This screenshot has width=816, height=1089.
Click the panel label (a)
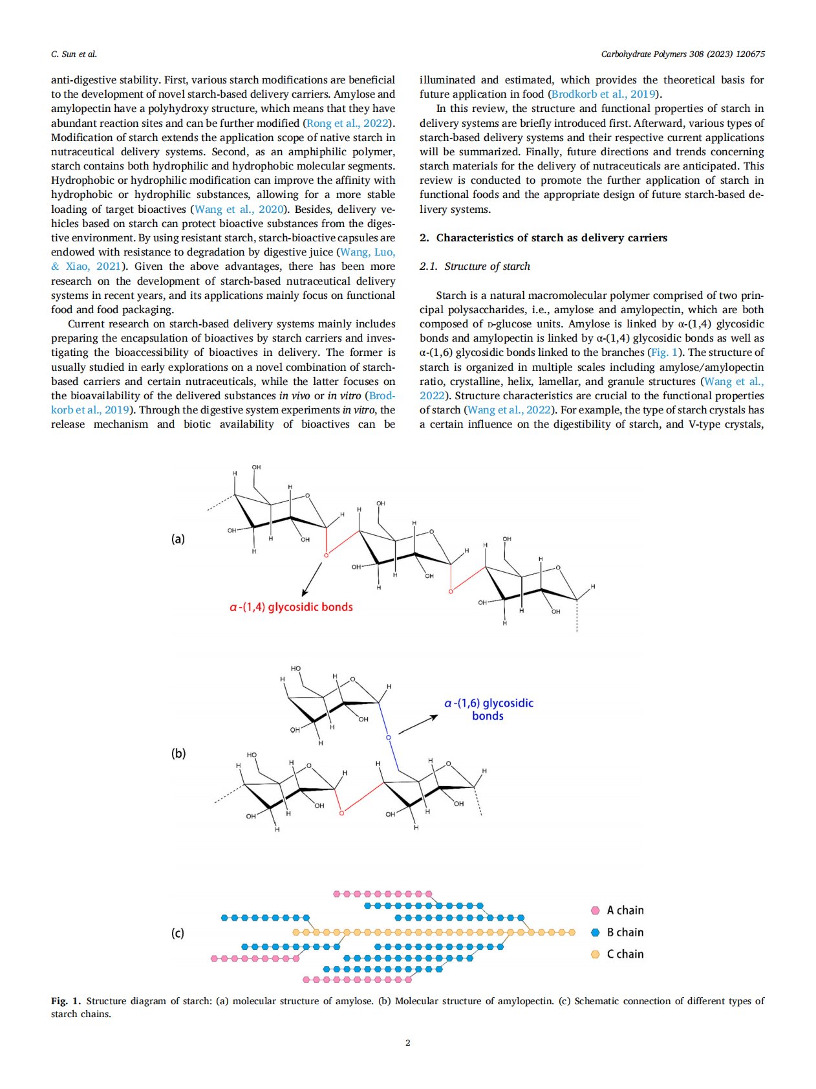coord(178,539)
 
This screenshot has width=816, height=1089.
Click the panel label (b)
coord(178,753)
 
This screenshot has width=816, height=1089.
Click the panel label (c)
coord(178,933)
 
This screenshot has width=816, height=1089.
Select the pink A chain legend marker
coord(596,910)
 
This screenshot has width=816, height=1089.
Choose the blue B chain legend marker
coord(596,932)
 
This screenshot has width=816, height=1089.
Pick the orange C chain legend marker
coord(596,954)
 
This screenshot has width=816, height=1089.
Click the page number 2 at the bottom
coord(407,1042)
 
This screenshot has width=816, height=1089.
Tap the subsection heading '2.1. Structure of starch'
coord(475,267)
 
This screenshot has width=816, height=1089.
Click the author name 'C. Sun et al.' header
coord(74,54)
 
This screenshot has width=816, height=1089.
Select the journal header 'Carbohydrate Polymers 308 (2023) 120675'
coord(683,54)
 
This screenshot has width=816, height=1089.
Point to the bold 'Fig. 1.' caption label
coord(66,1001)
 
